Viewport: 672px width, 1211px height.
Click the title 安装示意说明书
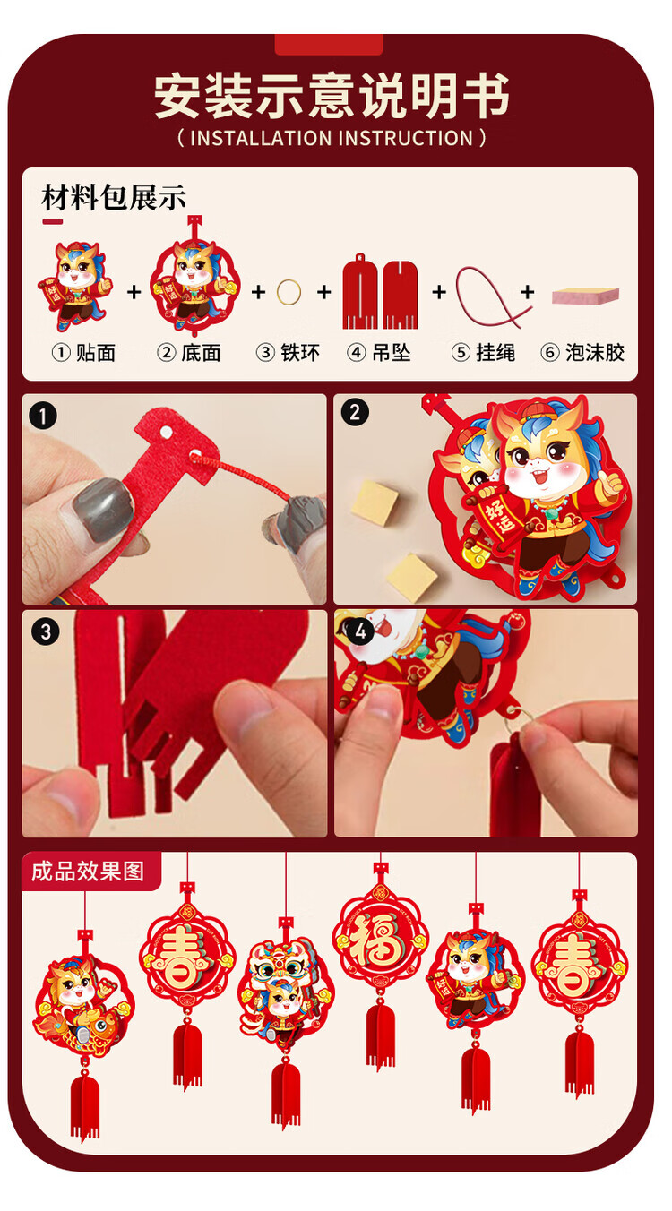(332, 96)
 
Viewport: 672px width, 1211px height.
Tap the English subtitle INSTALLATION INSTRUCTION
(332, 139)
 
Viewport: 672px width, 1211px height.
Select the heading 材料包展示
(114, 197)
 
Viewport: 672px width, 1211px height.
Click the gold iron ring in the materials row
(289, 293)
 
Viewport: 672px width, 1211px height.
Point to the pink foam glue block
(585, 296)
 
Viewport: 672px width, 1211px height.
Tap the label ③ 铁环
(288, 353)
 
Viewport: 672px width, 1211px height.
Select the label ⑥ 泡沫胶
(582, 353)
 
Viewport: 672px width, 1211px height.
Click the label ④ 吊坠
(378, 353)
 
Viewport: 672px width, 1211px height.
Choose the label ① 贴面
(84, 353)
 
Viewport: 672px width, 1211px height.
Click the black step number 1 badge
(43, 417)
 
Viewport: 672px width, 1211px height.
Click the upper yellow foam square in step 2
(375, 502)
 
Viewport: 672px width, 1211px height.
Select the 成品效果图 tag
(88, 872)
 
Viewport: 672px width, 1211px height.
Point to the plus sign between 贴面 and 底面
(134, 292)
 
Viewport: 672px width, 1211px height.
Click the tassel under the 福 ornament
(380, 1034)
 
